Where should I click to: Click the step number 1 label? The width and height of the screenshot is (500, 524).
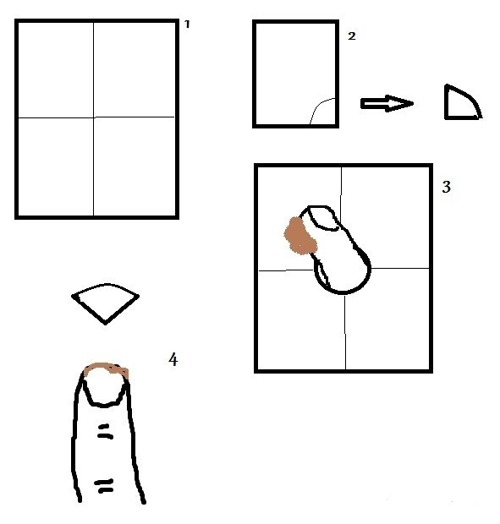pos(187,24)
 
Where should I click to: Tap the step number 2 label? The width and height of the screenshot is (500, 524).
pos(351,36)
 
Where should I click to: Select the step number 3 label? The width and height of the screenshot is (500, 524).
pos(447,187)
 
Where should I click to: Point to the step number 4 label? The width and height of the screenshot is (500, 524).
pos(173,359)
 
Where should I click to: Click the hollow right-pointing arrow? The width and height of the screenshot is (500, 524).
pos(387,103)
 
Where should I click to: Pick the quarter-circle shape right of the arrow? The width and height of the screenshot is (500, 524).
pos(463,102)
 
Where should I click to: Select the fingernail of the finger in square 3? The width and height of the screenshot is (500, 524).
pos(323,217)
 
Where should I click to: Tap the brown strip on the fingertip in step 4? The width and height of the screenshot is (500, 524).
pos(107,368)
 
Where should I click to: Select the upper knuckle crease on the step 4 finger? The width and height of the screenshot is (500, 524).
pos(106,431)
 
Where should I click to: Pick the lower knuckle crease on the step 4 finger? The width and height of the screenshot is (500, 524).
pos(104,486)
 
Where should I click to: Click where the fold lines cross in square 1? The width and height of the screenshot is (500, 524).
pos(93,117)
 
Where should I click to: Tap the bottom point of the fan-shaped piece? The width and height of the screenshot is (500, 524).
pos(106,324)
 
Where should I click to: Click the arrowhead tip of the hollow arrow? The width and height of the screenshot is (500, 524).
pos(413,104)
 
